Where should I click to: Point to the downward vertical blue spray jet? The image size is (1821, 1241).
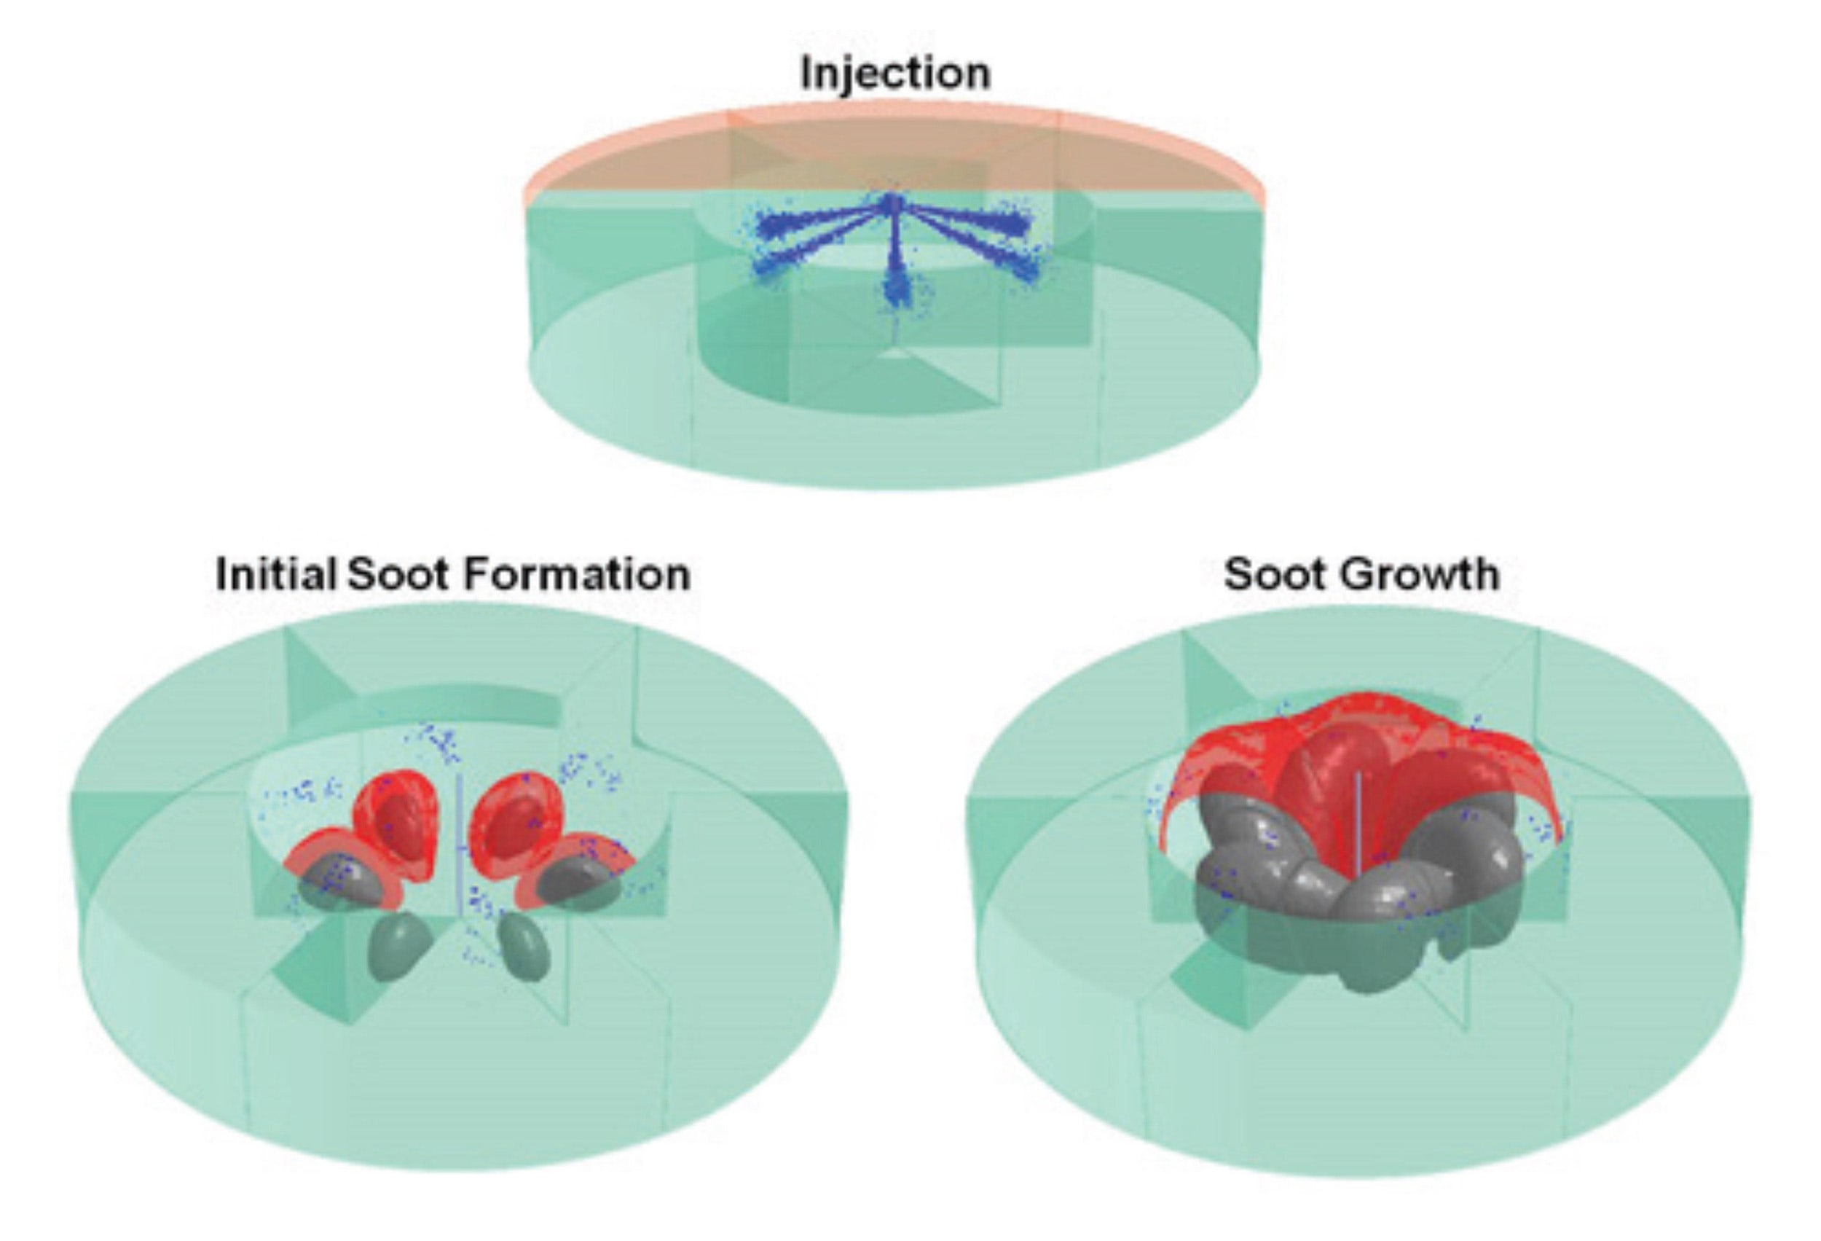(x=894, y=267)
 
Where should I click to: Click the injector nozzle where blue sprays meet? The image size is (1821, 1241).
(x=892, y=204)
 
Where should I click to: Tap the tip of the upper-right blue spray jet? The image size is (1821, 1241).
(x=1018, y=225)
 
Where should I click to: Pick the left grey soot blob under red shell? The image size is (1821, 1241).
(x=345, y=878)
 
